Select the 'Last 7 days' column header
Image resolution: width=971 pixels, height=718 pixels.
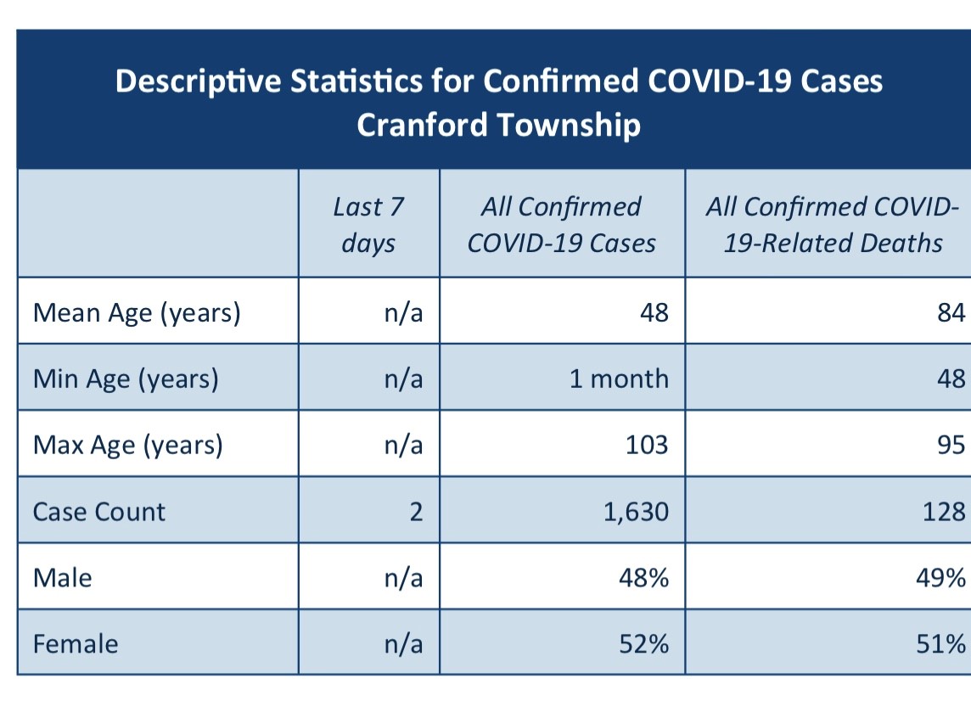tap(368, 225)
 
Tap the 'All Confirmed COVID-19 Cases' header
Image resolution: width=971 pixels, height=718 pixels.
tap(562, 225)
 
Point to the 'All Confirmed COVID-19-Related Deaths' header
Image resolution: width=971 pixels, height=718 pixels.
tap(833, 225)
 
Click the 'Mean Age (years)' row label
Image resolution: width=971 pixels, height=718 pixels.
tap(137, 313)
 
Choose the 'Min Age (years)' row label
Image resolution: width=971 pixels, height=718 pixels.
tap(126, 379)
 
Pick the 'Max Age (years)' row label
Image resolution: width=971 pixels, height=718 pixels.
tap(127, 446)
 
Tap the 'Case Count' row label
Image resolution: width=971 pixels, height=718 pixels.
tap(99, 512)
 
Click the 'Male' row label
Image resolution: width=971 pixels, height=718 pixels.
tap(63, 578)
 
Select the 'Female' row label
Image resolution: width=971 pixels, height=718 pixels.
tap(76, 644)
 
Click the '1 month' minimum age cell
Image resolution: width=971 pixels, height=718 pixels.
tap(620, 379)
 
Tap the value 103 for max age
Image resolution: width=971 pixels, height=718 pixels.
tap(647, 445)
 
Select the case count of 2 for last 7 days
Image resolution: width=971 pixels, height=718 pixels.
tap(416, 512)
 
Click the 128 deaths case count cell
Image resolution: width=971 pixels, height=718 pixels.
tap(944, 512)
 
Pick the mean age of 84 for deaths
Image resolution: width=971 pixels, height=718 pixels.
tap(951, 312)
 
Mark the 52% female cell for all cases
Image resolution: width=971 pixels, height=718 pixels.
tap(644, 644)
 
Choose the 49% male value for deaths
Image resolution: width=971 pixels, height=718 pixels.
tap(940, 578)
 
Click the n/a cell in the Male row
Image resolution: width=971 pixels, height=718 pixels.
tap(404, 578)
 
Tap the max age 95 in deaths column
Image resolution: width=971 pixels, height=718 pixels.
tap(951, 445)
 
